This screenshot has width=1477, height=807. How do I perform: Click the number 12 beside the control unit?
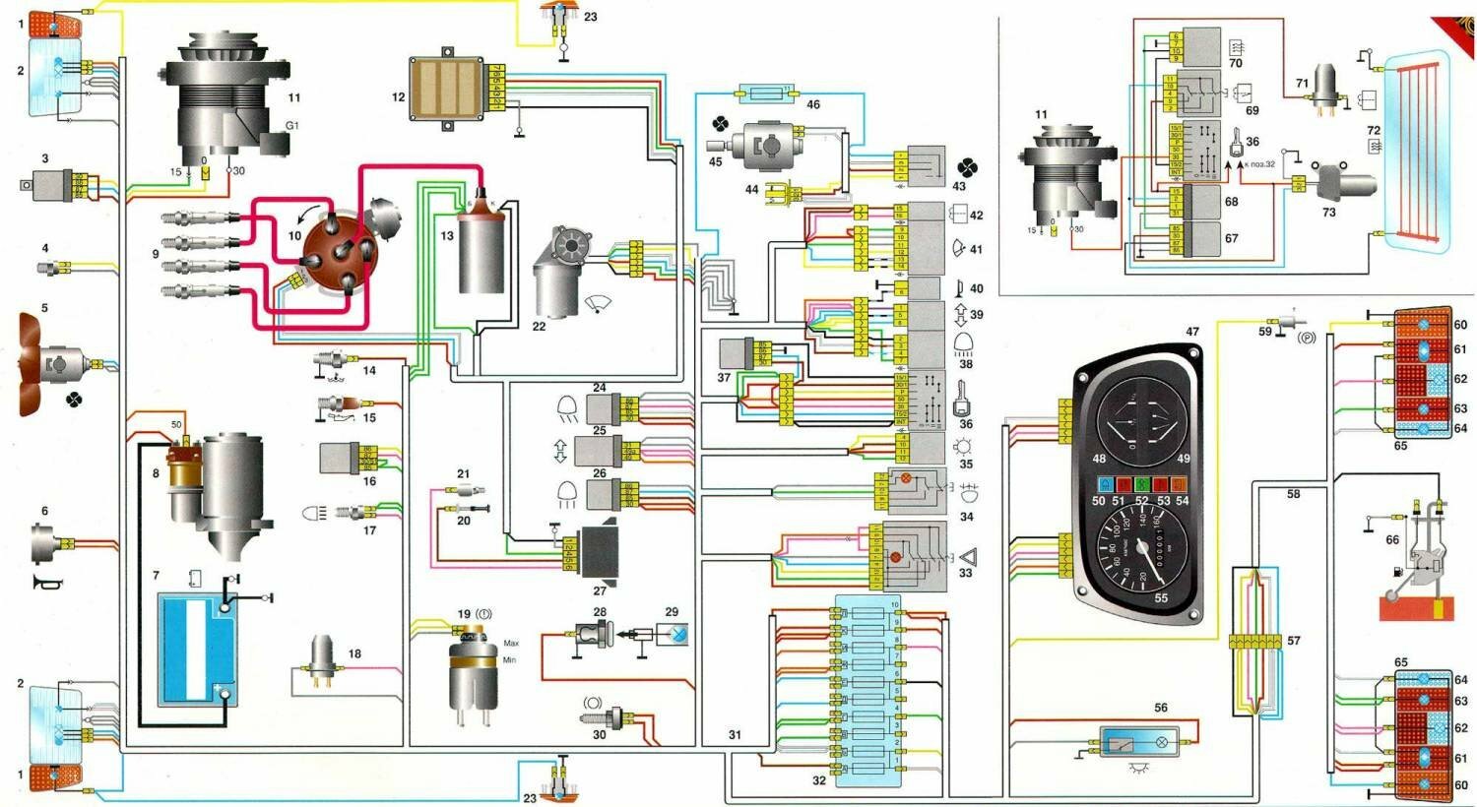tap(398, 97)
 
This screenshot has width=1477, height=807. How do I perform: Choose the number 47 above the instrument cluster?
tap(1192, 332)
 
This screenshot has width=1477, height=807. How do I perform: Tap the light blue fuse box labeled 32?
tap(867, 690)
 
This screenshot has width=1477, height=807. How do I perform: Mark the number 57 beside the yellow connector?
tap(1294, 641)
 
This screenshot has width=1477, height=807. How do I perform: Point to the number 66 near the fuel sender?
tap(1391, 539)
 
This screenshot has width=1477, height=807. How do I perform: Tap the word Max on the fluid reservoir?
tap(511, 644)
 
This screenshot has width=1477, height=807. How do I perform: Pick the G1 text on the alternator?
tap(291, 126)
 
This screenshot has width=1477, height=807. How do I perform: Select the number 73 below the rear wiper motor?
tap(1328, 212)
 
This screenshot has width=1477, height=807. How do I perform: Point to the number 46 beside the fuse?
tap(812, 104)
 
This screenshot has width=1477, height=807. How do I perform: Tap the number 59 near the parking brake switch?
tap(1264, 332)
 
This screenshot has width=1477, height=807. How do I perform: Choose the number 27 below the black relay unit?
tap(600, 590)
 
